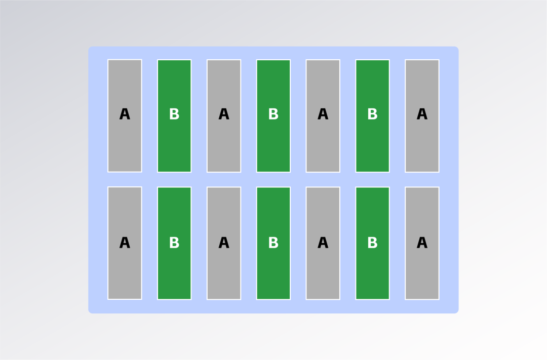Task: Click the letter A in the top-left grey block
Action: click(x=125, y=114)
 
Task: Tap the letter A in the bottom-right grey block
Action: click(x=422, y=243)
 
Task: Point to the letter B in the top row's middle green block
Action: click(x=273, y=114)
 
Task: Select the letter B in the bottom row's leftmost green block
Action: click(x=174, y=243)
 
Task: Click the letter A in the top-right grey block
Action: click(x=422, y=114)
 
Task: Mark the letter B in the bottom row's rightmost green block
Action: click(x=372, y=243)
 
